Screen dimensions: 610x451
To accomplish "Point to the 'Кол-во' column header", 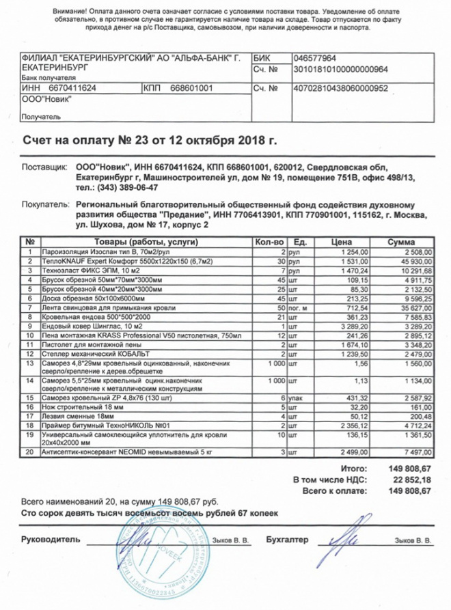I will pos(268,242).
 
